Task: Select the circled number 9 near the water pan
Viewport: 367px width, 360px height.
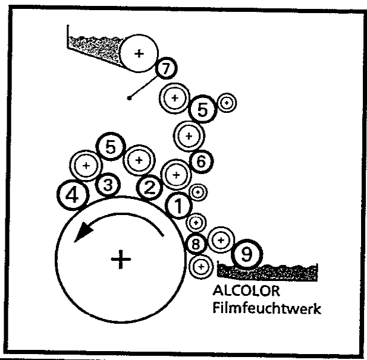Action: point(247,254)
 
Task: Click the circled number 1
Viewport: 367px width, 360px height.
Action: point(178,206)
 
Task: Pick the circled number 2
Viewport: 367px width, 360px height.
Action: point(149,188)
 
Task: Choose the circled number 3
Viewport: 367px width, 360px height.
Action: point(108,185)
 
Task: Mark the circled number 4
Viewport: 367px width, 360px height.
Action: point(72,195)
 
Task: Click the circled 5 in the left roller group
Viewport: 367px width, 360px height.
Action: point(110,147)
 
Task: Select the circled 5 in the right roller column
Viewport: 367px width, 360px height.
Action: point(203,110)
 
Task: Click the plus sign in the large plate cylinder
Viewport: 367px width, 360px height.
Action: point(121,260)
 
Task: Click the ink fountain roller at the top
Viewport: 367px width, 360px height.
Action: point(139,53)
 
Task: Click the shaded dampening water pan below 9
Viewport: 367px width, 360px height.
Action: point(268,271)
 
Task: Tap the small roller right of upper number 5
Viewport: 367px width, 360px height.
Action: point(227,103)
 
